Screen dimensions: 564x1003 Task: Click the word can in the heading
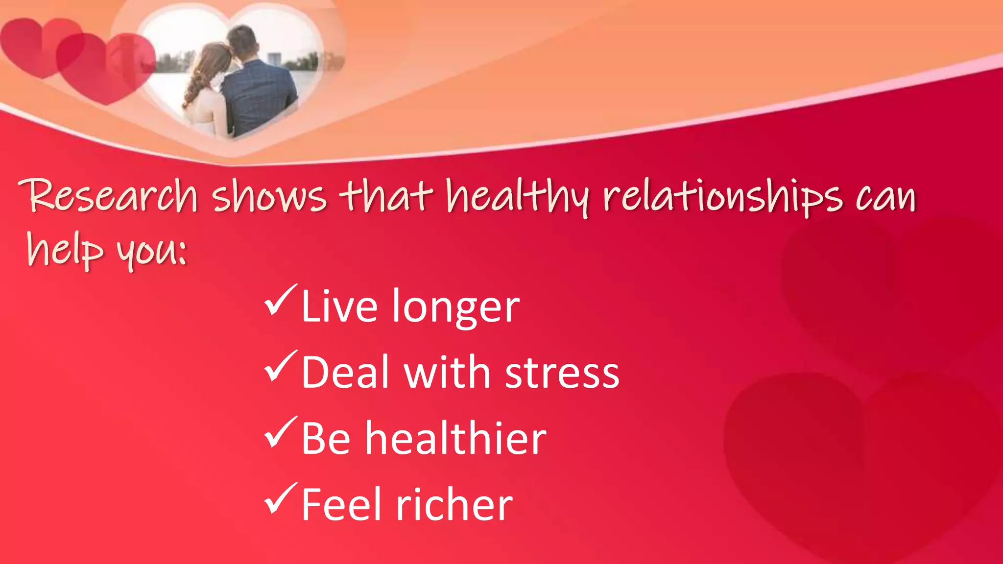point(885,197)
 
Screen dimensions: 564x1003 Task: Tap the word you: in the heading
point(152,251)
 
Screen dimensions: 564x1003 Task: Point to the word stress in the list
point(562,373)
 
